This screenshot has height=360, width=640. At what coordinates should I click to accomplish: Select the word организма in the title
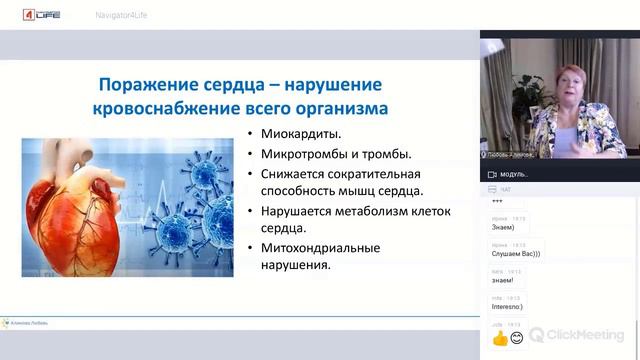[x=329, y=106]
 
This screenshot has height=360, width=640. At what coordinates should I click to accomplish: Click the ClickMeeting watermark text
[x=588, y=335]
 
